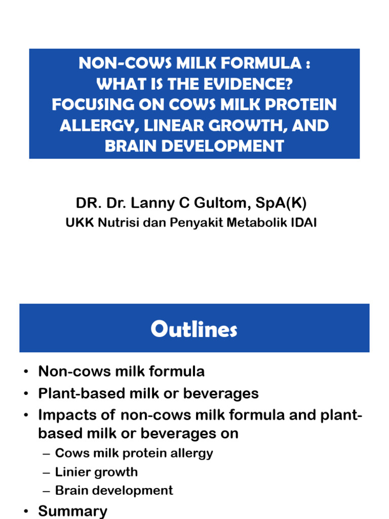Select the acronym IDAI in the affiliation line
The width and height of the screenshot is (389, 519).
click(x=303, y=223)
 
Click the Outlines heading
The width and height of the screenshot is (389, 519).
click(x=194, y=330)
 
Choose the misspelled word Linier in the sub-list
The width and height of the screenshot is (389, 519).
click(x=71, y=472)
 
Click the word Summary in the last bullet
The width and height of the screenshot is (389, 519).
click(x=72, y=511)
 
